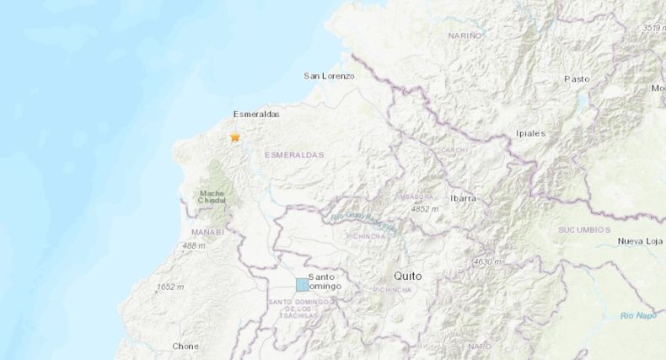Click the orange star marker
235,137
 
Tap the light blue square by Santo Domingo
302,284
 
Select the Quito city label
407,276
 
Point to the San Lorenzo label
329,76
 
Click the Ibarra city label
463,197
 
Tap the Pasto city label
577,78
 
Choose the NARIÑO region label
465,35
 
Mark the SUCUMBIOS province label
584,229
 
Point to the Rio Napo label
637,314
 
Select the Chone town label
185,346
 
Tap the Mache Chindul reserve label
212,196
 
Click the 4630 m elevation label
487,262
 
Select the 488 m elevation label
193,245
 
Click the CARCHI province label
448,149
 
